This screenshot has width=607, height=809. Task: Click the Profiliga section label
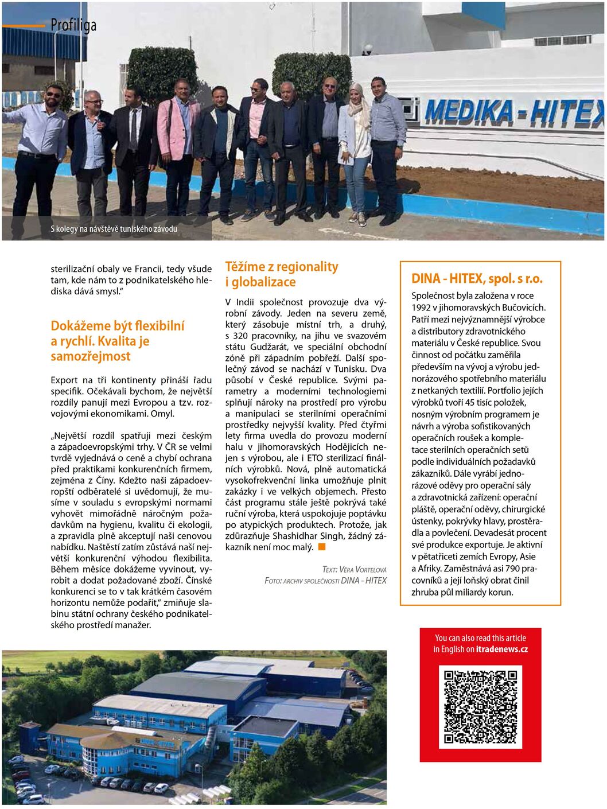(x=73, y=25)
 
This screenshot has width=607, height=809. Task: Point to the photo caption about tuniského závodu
(x=114, y=229)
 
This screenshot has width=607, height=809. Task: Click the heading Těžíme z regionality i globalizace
(x=281, y=274)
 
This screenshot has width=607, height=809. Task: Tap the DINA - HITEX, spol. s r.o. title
(x=477, y=279)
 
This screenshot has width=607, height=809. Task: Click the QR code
(x=480, y=706)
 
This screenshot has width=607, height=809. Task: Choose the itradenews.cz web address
(x=501, y=649)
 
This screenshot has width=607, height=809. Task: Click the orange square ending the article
(x=322, y=547)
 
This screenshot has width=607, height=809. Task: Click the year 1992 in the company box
(x=421, y=308)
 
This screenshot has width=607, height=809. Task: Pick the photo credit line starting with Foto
(x=325, y=581)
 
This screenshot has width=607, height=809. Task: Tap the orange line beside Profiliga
(x=24, y=26)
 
